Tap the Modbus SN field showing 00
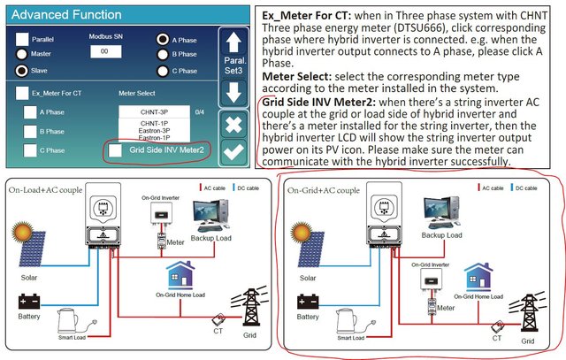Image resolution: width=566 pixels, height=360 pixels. (x=104, y=53)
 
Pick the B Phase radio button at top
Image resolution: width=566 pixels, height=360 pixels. (x=164, y=55)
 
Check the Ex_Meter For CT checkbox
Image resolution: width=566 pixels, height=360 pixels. (x=21, y=92)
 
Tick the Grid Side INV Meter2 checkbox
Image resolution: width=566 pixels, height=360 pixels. (x=115, y=150)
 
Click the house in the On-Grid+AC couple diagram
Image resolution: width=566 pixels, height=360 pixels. (x=478, y=278)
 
